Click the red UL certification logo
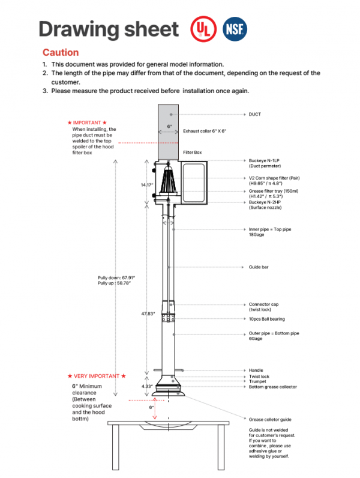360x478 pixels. click(x=202, y=28)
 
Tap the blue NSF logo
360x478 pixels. click(x=233, y=28)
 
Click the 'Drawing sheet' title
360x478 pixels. click(x=109, y=29)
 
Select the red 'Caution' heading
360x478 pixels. click(x=60, y=53)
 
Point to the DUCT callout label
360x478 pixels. click(x=254, y=113)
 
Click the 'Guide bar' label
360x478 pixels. click(x=259, y=267)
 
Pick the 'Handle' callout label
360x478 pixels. click(x=256, y=371)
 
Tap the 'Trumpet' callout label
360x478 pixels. click(x=257, y=381)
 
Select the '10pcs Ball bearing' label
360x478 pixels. click(x=266, y=319)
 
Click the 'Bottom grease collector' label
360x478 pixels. click(x=272, y=387)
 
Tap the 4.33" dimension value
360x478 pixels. click(x=147, y=386)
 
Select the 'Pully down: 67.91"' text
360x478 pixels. click(x=116, y=277)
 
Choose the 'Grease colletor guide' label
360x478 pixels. click(x=270, y=419)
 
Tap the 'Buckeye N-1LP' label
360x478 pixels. click(x=265, y=160)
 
